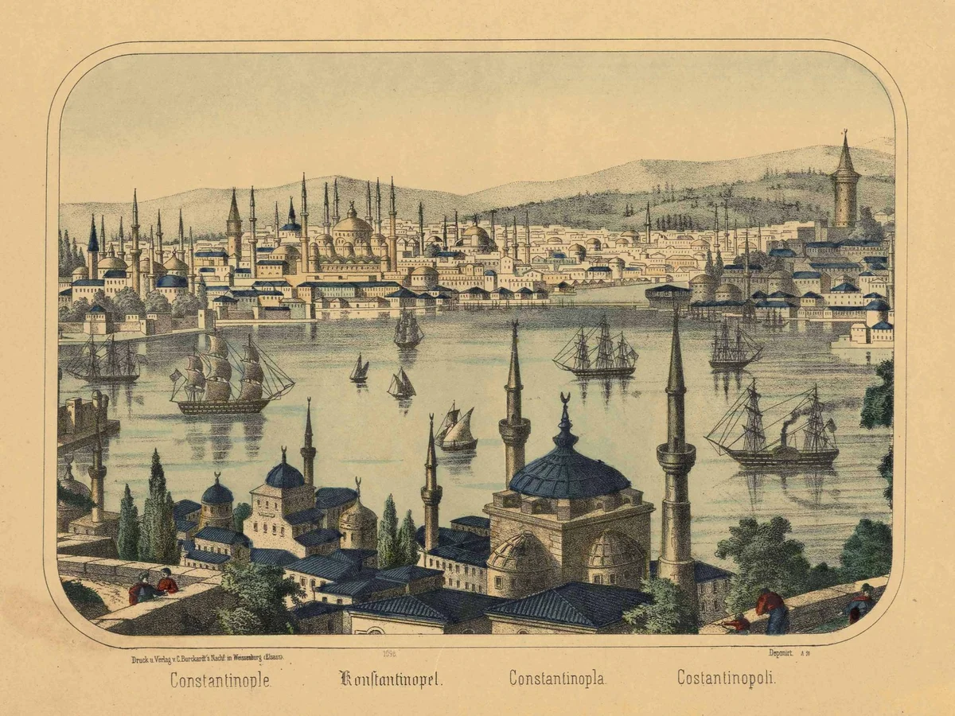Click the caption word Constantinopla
[557, 679]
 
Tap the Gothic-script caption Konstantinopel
[391, 679]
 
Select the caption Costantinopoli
[726, 678]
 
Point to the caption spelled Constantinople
[220, 680]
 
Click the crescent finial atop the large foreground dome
[565, 399]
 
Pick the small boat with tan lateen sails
[457, 430]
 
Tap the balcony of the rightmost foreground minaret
[676, 457]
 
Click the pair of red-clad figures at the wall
[154, 587]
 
